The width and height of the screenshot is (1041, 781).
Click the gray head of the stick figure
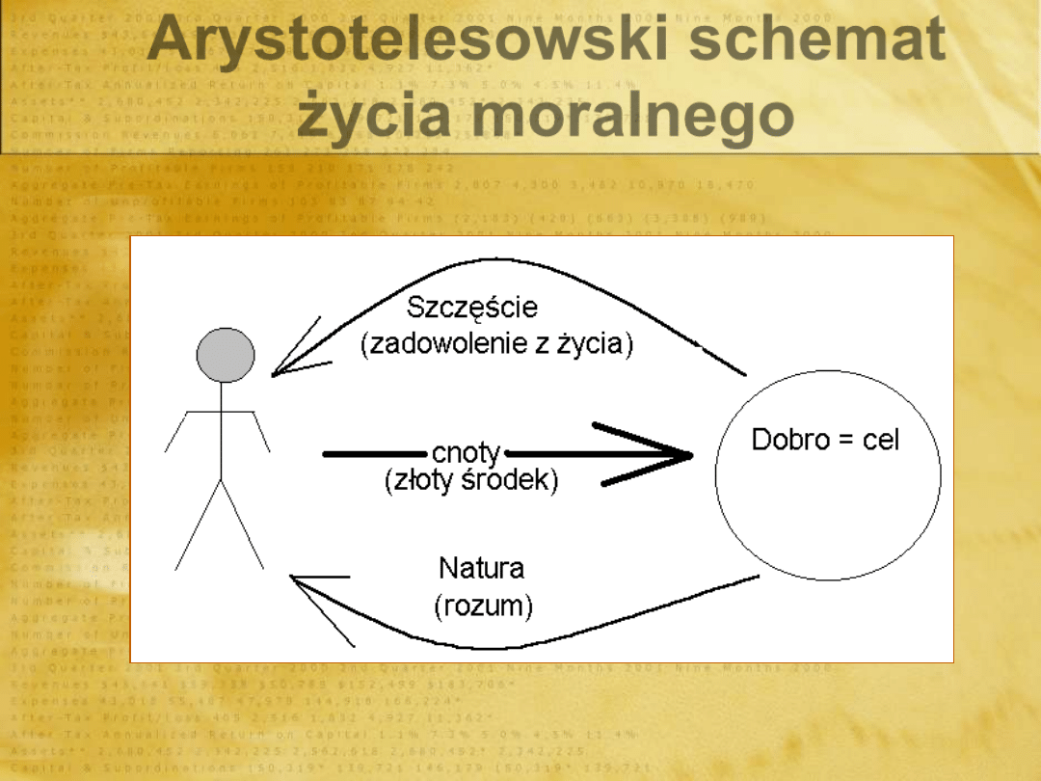[226, 354]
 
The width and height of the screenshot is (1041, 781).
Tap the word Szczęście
[472, 308]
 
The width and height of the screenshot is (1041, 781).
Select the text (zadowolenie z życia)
[497, 344]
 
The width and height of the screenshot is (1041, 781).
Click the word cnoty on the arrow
[467, 453]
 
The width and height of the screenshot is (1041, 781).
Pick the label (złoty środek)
[470, 480]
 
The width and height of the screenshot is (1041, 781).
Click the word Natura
[482, 567]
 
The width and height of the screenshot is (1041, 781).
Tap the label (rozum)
[483, 606]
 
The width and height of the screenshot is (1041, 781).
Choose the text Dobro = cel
[825, 441]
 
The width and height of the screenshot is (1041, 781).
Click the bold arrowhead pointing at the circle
[665, 453]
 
